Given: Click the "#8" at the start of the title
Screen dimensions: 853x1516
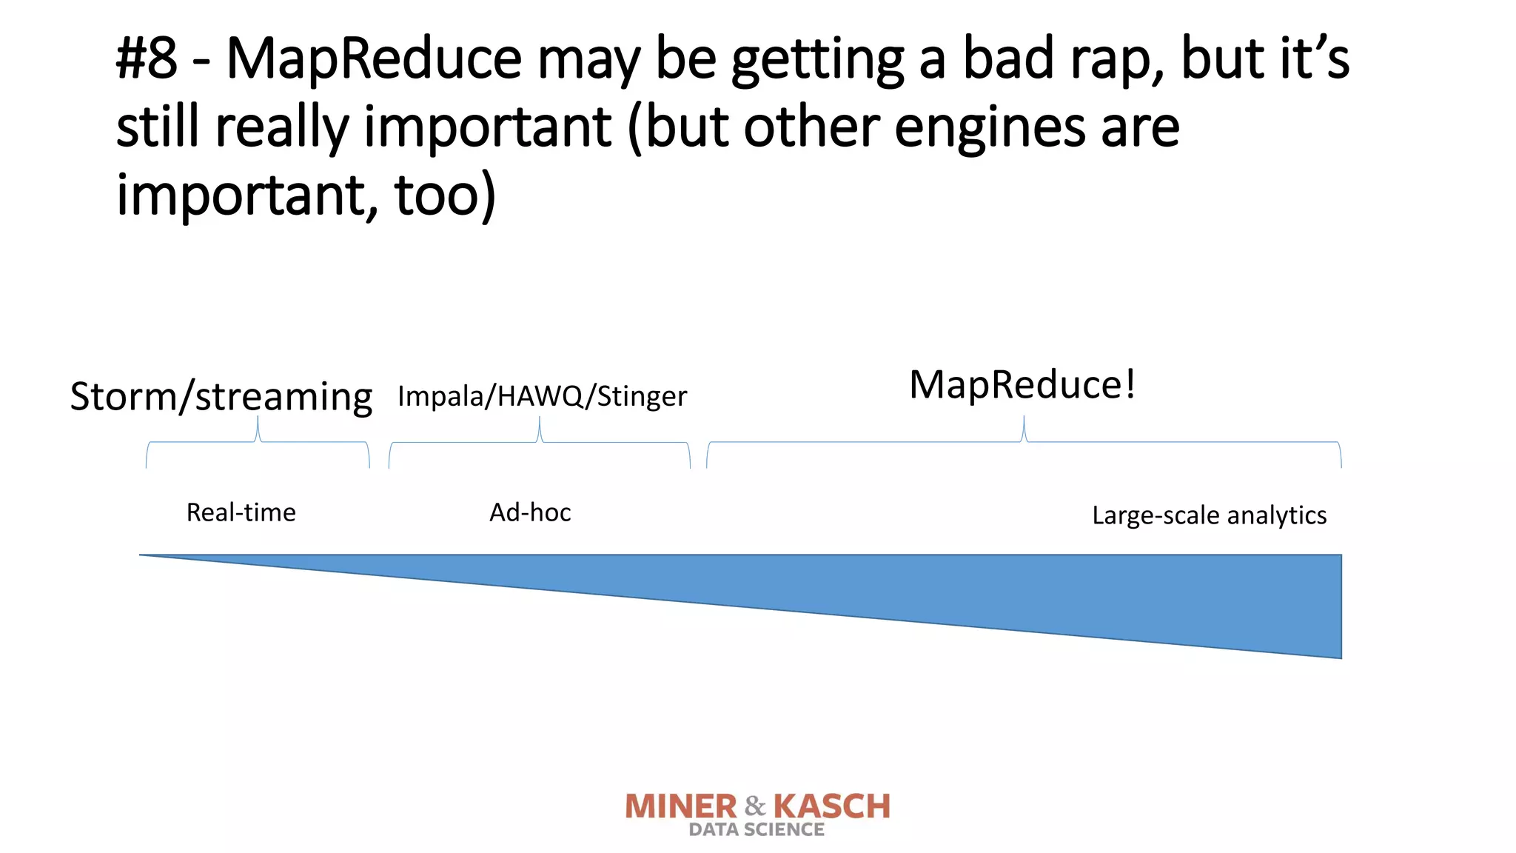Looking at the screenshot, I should pyautogui.click(x=147, y=59).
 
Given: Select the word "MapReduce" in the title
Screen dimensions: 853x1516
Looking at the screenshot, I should pyautogui.click(x=374, y=59).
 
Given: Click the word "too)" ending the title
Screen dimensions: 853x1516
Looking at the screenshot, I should pyautogui.click(x=445, y=195).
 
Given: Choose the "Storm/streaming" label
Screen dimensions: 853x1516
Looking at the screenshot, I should pyautogui.click(x=221, y=397).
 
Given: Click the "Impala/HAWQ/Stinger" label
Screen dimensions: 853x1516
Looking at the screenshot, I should pyautogui.click(x=542, y=397).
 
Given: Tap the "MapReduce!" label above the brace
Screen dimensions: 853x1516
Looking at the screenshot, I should pyautogui.click(x=1022, y=385).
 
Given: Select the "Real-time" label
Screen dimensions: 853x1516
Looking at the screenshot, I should pyautogui.click(x=241, y=512).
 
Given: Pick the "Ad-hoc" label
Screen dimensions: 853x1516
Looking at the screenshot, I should pyautogui.click(x=530, y=512).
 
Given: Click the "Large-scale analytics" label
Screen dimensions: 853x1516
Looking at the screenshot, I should pyautogui.click(x=1209, y=515).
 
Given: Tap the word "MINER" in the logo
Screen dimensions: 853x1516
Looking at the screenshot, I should pyautogui.click(x=681, y=806).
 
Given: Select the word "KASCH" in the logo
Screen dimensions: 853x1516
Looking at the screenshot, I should pyautogui.click(x=831, y=806).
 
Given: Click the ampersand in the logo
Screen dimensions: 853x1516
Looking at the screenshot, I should pyautogui.click(x=755, y=806).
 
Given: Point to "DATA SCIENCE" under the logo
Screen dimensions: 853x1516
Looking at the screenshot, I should pyautogui.click(x=757, y=830).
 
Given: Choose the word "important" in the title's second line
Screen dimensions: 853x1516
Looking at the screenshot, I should pyautogui.click(x=488, y=127).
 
